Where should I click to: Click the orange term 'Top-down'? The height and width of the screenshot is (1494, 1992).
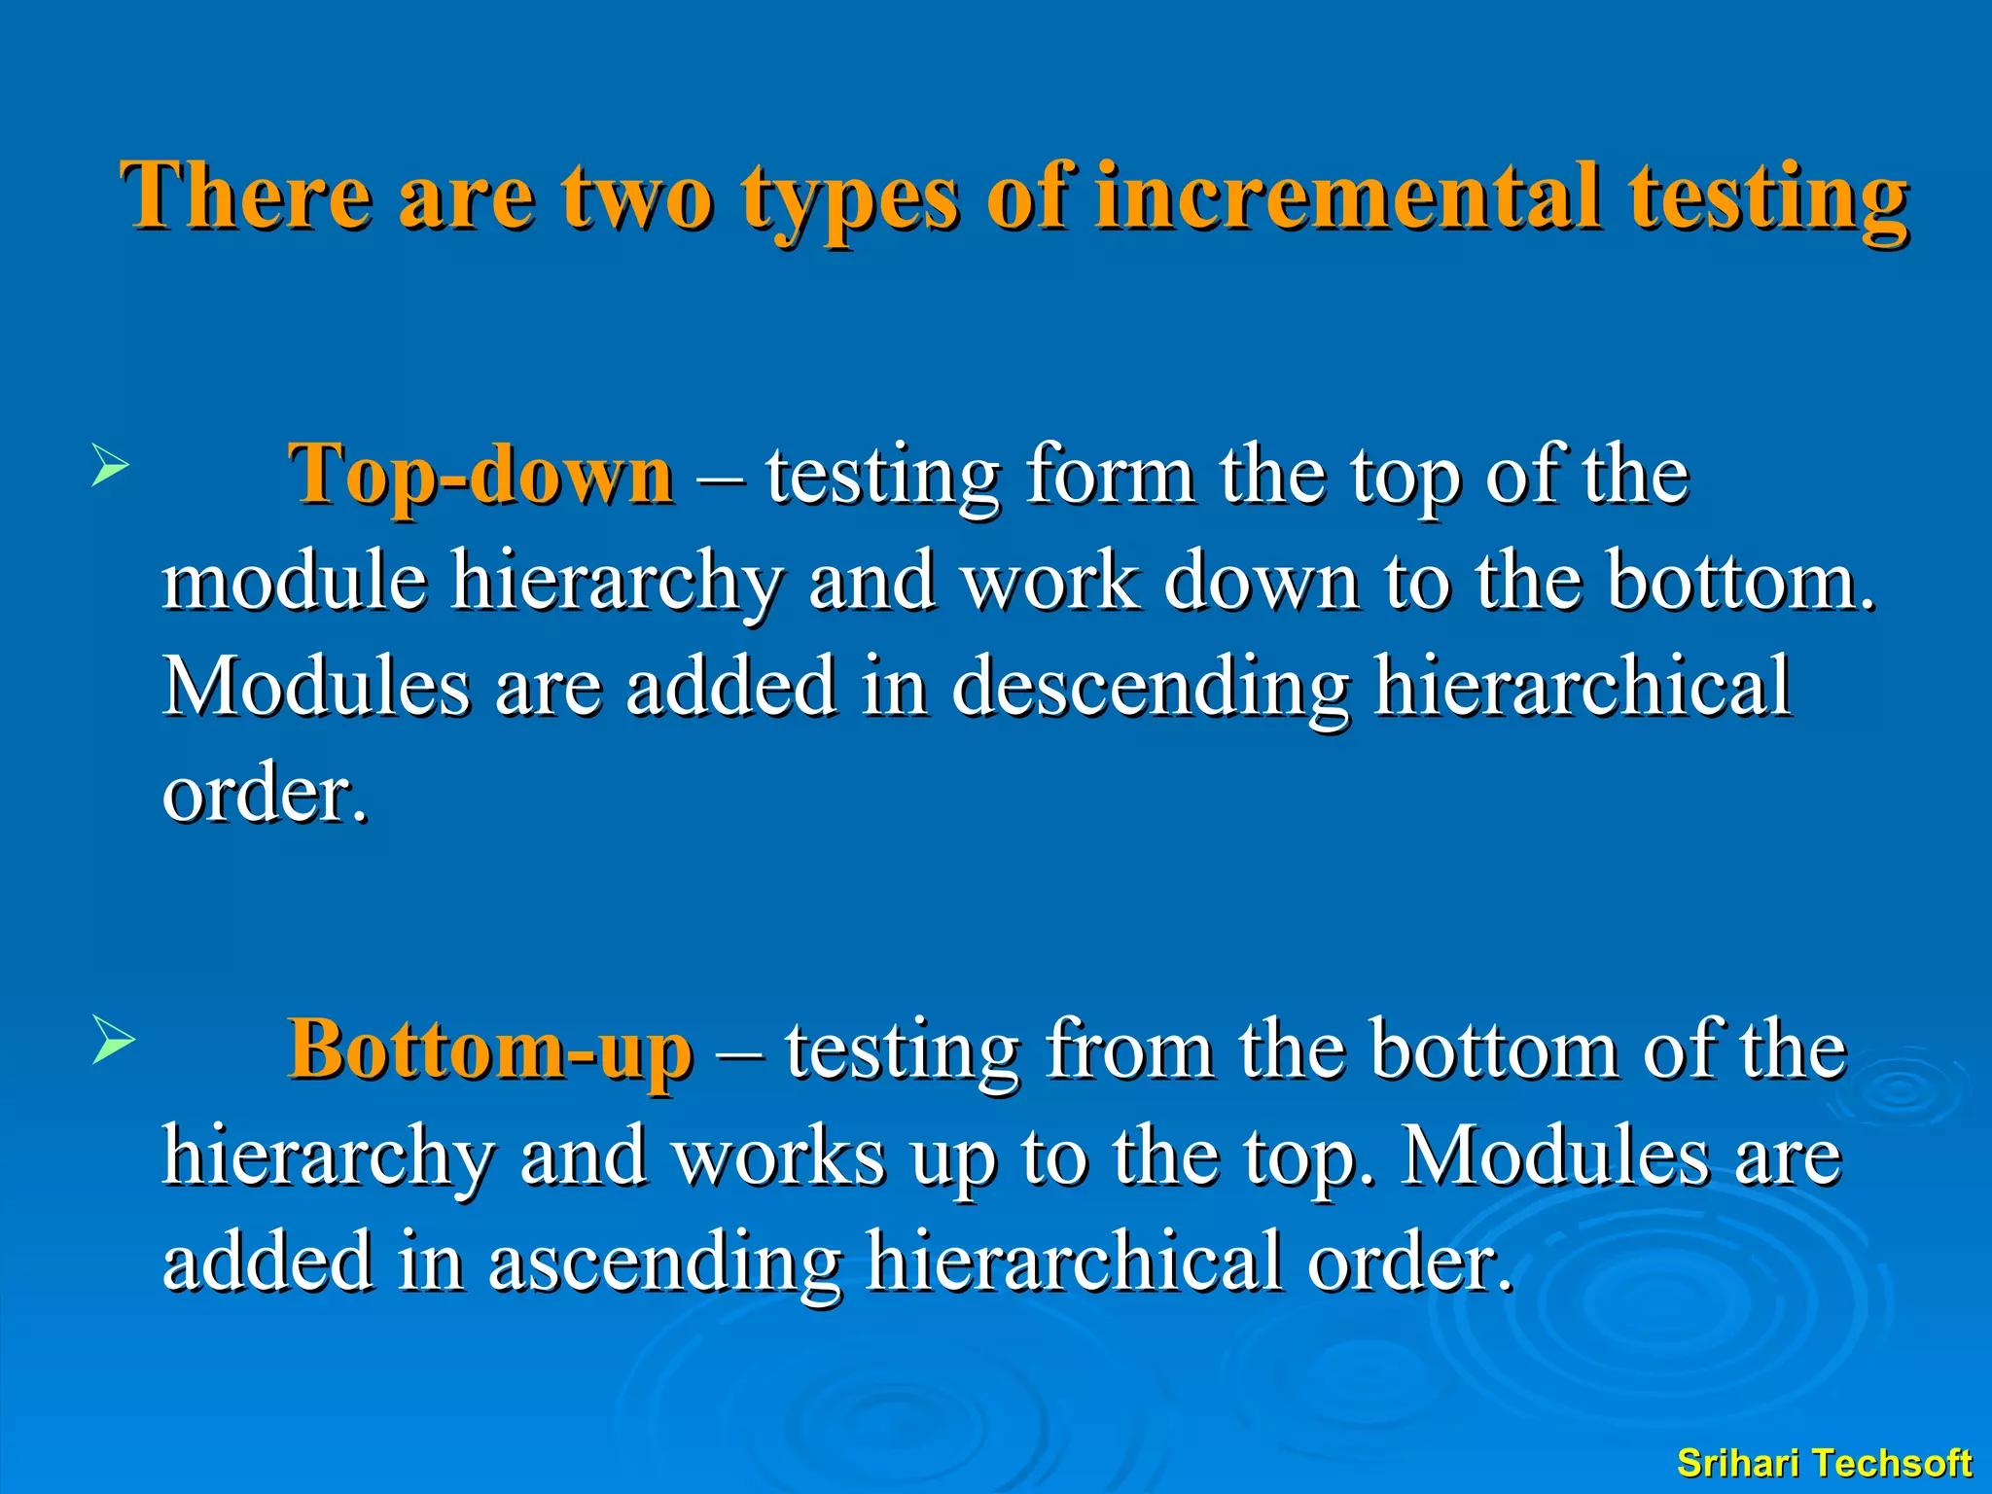pyautogui.click(x=480, y=475)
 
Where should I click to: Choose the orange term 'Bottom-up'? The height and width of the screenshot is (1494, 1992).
pyautogui.click(x=490, y=1050)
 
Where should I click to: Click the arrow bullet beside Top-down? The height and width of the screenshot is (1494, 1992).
pyautogui.click(x=109, y=464)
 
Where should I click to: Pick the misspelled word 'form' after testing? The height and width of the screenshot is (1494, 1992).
pyautogui.click(x=1110, y=475)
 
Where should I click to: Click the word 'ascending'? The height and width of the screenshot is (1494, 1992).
pyautogui.click(x=664, y=1262)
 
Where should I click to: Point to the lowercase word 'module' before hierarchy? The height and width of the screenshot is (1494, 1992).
pyautogui.click(x=295, y=581)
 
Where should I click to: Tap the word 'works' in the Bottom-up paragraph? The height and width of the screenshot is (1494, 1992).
pyautogui.click(x=779, y=1156)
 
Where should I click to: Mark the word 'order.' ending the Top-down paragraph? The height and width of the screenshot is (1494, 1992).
pyautogui.click(x=266, y=794)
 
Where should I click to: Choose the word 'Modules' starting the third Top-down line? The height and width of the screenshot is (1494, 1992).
pyautogui.click(x=316, y=687)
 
